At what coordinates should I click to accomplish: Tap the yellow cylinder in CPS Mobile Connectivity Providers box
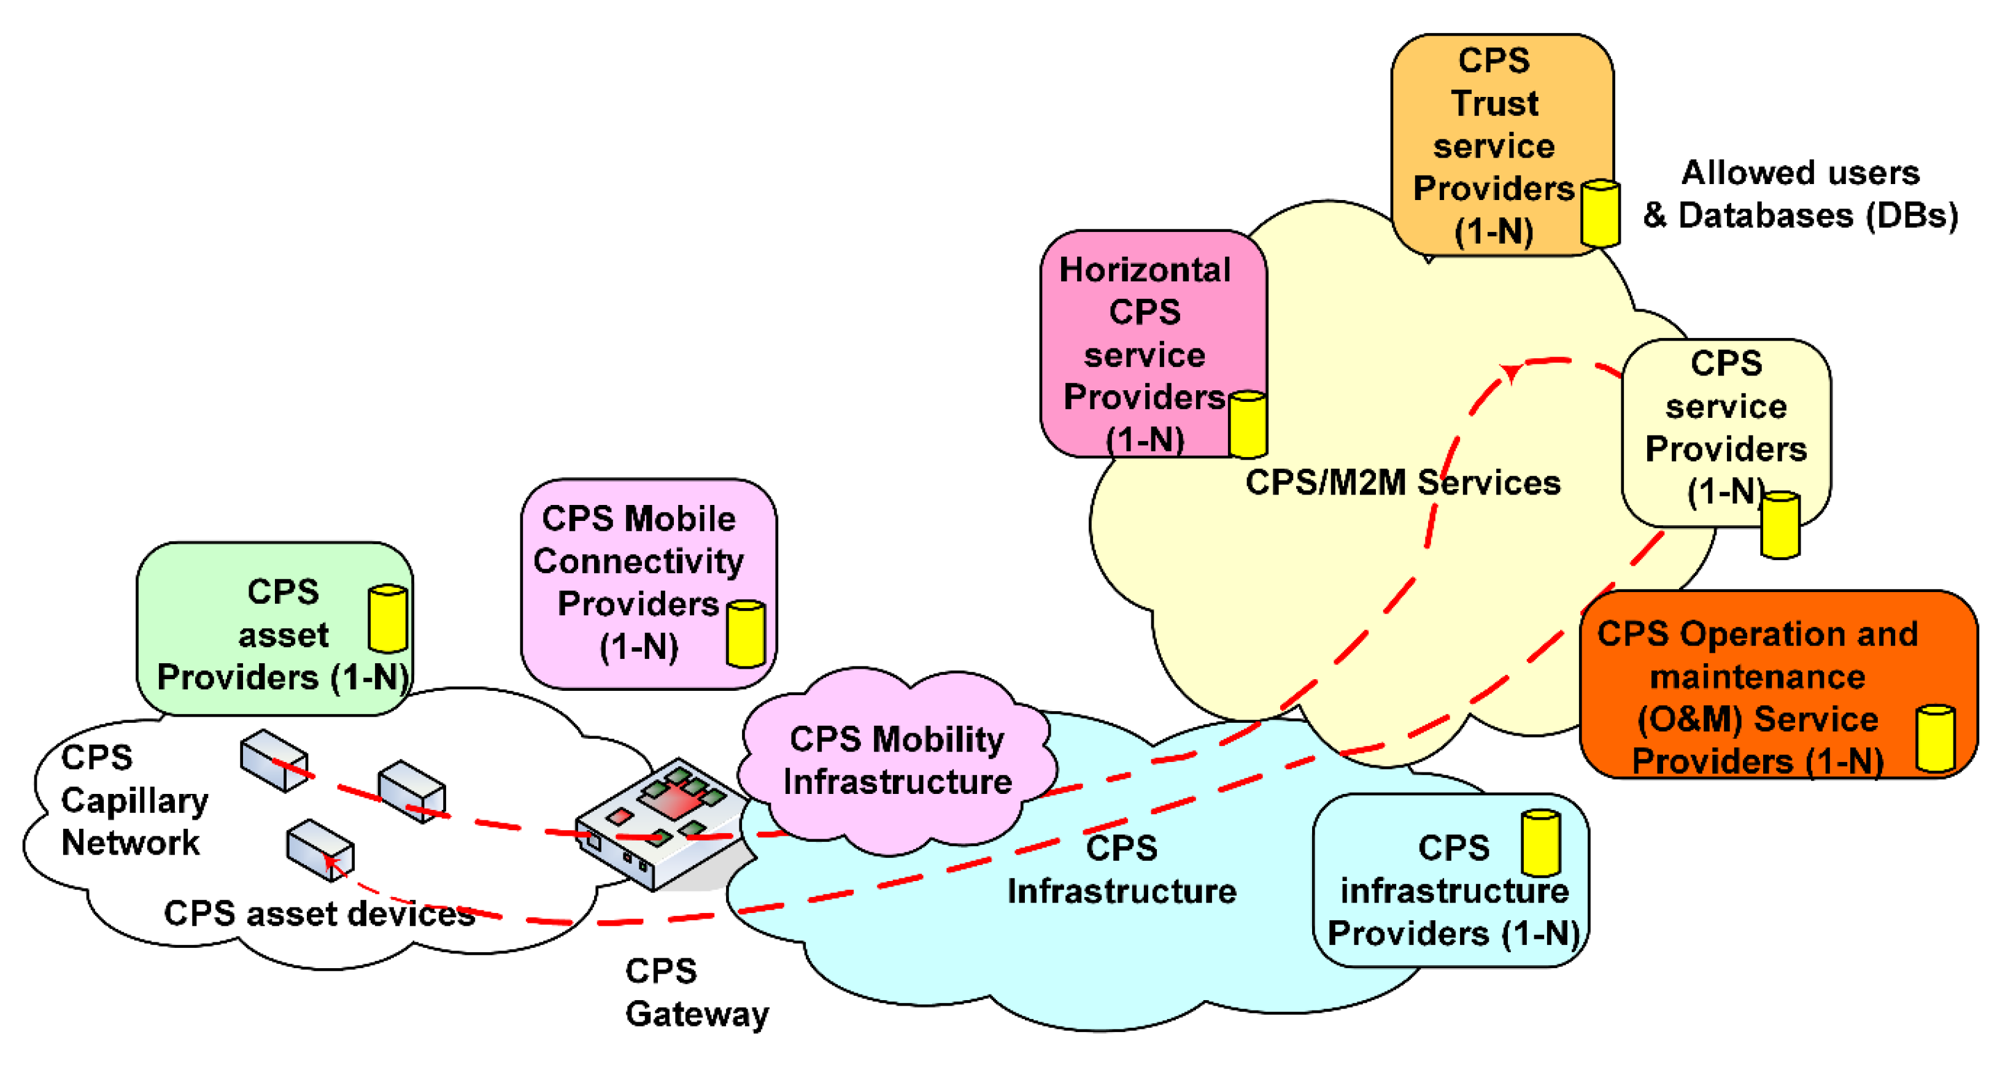pyautogui.click(x=745, y=634)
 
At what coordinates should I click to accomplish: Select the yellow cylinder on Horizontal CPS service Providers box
pyautogui.click(x=1248, y=425)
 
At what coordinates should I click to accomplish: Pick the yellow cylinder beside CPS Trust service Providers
pyautogui.click(x=1600, y=214)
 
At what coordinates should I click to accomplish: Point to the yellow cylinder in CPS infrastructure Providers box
pyautogui.click(x=1540, y=842)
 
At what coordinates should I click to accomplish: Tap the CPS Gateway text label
pyautogui.click(x=695, y=992)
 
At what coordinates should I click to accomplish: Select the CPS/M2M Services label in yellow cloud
pyautogui.click(x=1402, y=483)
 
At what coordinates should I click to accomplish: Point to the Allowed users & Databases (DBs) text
pyautogui.click(x=1800, y=193)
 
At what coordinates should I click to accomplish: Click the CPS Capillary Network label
pyautogui.click(x=133, y=799)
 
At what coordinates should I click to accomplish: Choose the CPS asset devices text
pyautogui.click(x=319, y=913)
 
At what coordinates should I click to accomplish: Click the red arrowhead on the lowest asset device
pyautogui.click(x=332, y=861)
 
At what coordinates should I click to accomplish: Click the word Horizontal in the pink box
pyautogui.click(x=1144, y=270)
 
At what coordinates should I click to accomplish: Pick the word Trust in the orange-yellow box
pyautogui.click(x=1494, y=103)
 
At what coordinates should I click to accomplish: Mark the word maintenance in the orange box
pyautogui.click(x=1757, y=677)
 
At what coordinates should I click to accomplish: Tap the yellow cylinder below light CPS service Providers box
pyautogui.click(x=1780, y=524)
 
